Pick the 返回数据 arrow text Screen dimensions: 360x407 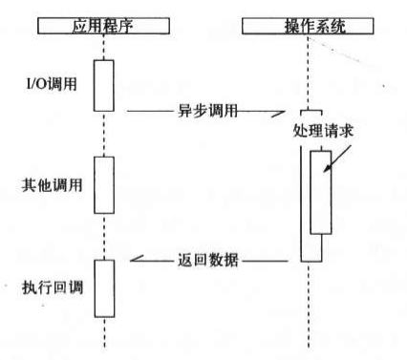pyautogui.click(x=207, y=259)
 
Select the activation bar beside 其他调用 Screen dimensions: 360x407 pyautogui.click(x=103, y=185)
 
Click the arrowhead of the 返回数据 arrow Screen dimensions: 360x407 pyautogui.click(x=135, y=259)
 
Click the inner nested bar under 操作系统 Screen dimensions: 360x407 pyautogui.click(x=321, y=191)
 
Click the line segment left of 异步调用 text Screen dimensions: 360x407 pyautogui.click(x=148, y=111)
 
